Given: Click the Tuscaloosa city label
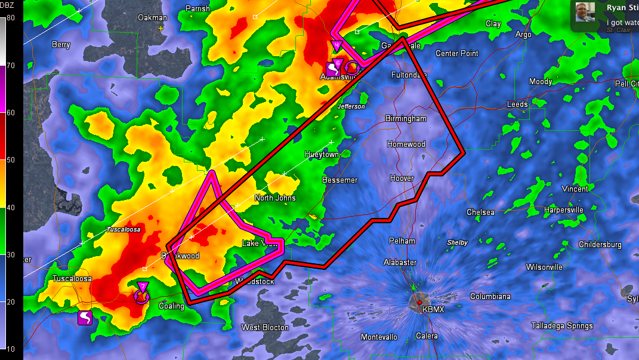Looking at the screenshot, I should pos(72,279).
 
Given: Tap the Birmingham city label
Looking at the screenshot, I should pos(406,119).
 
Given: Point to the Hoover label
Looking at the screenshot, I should pos(402,179).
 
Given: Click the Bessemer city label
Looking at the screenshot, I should pos(339,180).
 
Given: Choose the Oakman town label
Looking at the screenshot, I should pos(152,17).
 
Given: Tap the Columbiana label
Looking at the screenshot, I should pos(490,297).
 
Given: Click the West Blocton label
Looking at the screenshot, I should pos(265,327).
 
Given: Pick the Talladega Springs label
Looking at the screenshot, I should pos(562,325).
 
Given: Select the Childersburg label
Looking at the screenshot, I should pos(600,245).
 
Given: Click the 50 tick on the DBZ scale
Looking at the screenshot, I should pos(11,160).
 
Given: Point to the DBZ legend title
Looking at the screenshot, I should pos(8,5).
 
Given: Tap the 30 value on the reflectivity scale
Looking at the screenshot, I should pos(11,255).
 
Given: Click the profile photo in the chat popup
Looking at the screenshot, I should pos(585,12).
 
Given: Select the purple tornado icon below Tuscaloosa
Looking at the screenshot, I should pos(85,318).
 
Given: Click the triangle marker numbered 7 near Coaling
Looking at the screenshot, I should pos(143,287).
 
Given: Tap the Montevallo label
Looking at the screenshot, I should pos(379,337).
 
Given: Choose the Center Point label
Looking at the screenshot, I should pos(456,54).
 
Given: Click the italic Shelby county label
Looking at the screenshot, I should pos(457,243).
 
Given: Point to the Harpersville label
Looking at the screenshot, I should pos(563,210).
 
